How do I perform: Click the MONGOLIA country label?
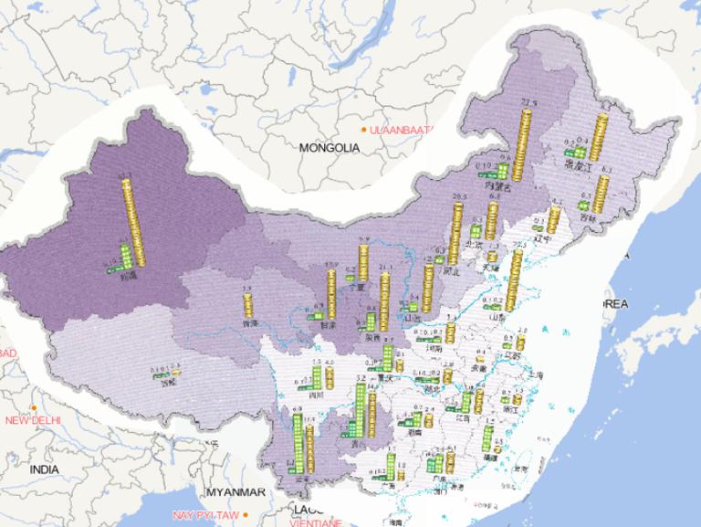click(x=330, y=147)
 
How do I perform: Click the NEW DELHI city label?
click(x=32, y=420)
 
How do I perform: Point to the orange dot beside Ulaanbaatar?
click(x=363, y=131)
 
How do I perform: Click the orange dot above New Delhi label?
click(x=34, y=407)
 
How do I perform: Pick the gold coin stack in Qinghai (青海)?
click(x=246, y=303)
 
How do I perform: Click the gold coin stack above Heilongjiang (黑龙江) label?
click(x=599, y=135)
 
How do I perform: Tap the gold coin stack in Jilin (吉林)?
click(x=602, y=195)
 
